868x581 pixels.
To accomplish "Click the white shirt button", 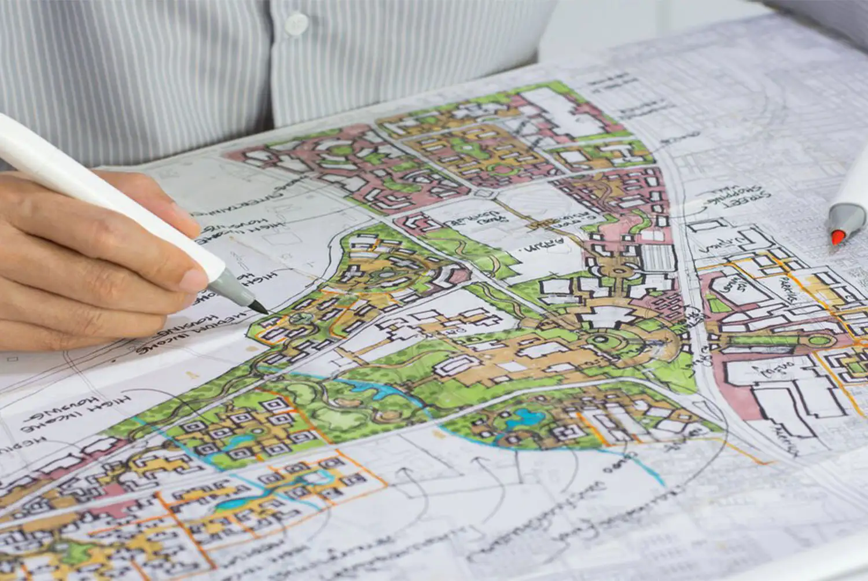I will point(296,24).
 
